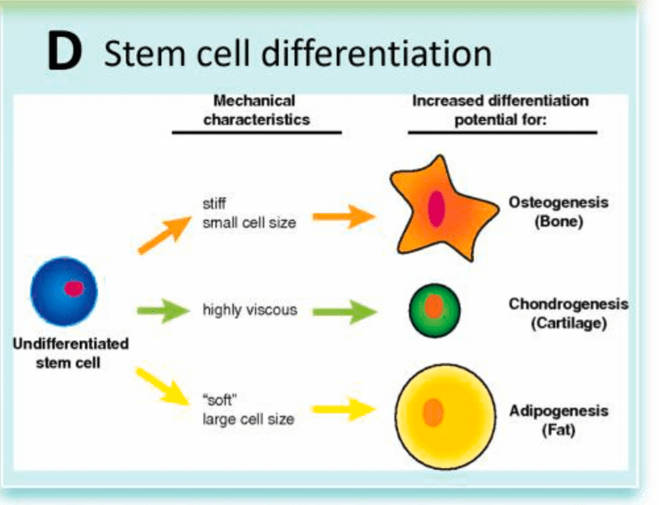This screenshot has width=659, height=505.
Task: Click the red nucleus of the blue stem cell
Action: [x=74, y=288]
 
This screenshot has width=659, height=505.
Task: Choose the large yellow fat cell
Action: [x=445, y=412]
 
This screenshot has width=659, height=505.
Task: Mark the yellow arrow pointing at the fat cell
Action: [x=342, y=408]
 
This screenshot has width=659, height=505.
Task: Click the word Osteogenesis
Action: [x=558, y=202]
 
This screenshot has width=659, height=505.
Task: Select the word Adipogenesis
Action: [x=558, y=411]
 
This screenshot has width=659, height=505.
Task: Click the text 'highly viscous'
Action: [x=250, y=310]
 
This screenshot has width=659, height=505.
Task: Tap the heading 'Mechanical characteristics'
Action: [x=256, y=109]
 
